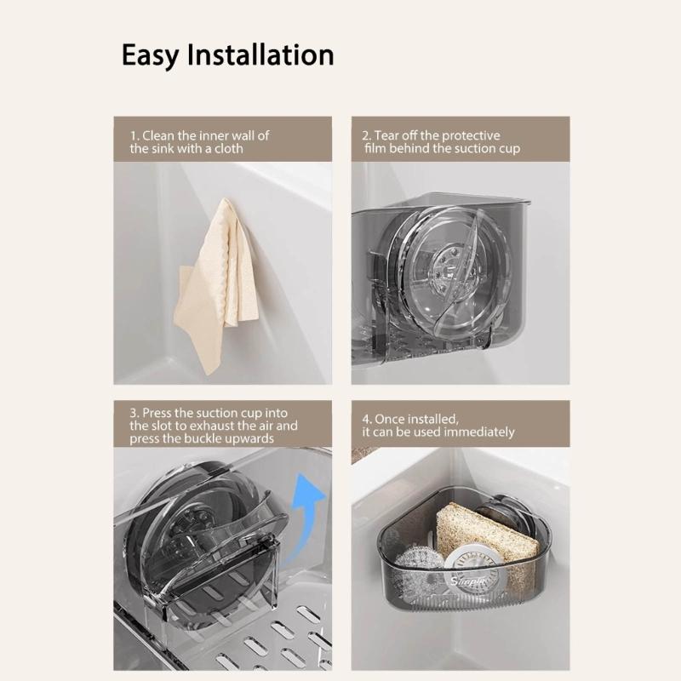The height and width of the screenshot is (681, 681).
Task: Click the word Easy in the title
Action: click(x=150, y=55)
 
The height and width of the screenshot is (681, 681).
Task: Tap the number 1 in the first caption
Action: click(x=134, y=135)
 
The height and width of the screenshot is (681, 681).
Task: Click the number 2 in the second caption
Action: click(x=366, y=135)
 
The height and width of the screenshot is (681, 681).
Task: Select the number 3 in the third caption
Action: click(x=134, y=412)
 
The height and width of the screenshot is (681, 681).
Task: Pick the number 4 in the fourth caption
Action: click(x=366, y=419)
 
